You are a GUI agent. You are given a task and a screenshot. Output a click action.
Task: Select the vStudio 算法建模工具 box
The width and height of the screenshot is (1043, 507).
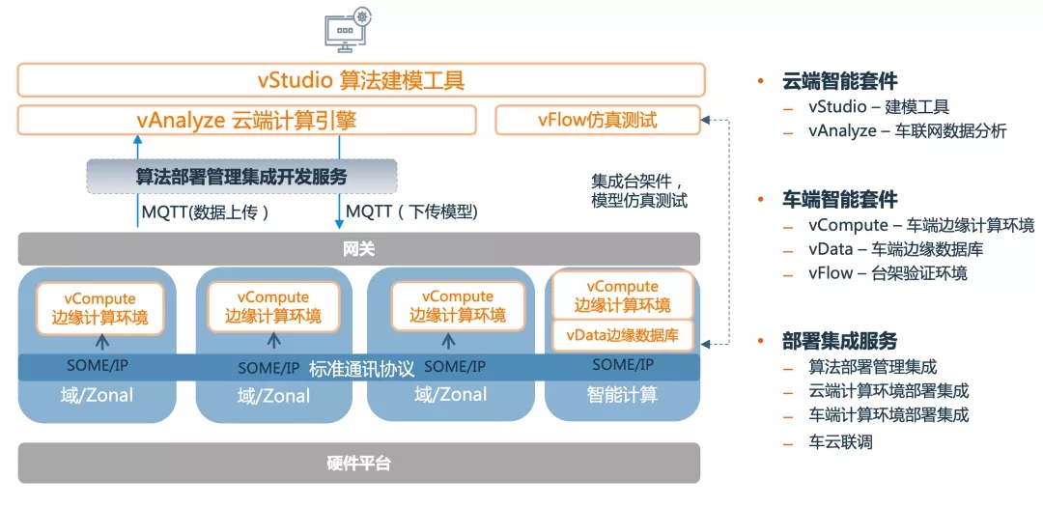(360, 80)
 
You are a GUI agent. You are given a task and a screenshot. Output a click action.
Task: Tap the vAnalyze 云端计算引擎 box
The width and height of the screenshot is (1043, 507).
(246, 120)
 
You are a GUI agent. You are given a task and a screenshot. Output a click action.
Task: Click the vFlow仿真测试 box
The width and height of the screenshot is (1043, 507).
(597, 120)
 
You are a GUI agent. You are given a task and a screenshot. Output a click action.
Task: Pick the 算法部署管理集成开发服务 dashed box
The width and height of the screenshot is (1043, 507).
(241, 177)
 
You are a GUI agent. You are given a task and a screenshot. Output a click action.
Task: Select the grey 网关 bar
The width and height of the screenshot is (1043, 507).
(358, 248)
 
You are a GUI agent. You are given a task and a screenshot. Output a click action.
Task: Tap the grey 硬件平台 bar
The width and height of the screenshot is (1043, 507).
(358, 464)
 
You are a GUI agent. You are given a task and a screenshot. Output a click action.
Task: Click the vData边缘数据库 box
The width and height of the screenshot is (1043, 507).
(622, 335)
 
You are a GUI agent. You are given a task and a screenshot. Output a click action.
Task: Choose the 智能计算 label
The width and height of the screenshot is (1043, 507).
(622, 395)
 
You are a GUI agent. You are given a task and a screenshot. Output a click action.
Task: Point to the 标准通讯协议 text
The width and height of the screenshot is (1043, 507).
(361, 368)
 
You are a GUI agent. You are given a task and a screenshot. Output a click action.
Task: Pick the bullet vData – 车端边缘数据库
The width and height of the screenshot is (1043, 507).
(895, 249)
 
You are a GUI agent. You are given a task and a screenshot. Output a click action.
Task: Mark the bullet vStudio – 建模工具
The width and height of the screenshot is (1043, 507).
(879, 106)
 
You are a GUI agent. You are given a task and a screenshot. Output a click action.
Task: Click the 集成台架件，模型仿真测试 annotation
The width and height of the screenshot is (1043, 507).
(638, 190)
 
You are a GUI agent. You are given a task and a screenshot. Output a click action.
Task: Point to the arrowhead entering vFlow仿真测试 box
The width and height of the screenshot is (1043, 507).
(707, 121)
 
